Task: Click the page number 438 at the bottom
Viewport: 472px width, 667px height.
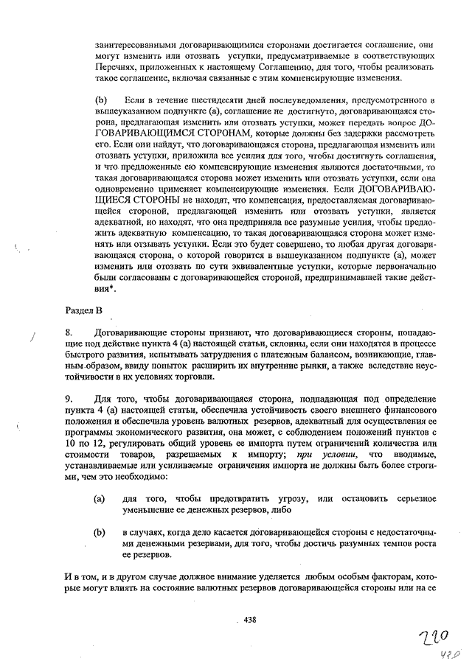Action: click(x=249, y=620)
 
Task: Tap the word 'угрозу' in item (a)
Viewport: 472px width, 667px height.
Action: click(x=296, y=499)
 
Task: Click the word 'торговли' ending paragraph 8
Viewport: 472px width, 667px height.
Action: click(x=195, y=377)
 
